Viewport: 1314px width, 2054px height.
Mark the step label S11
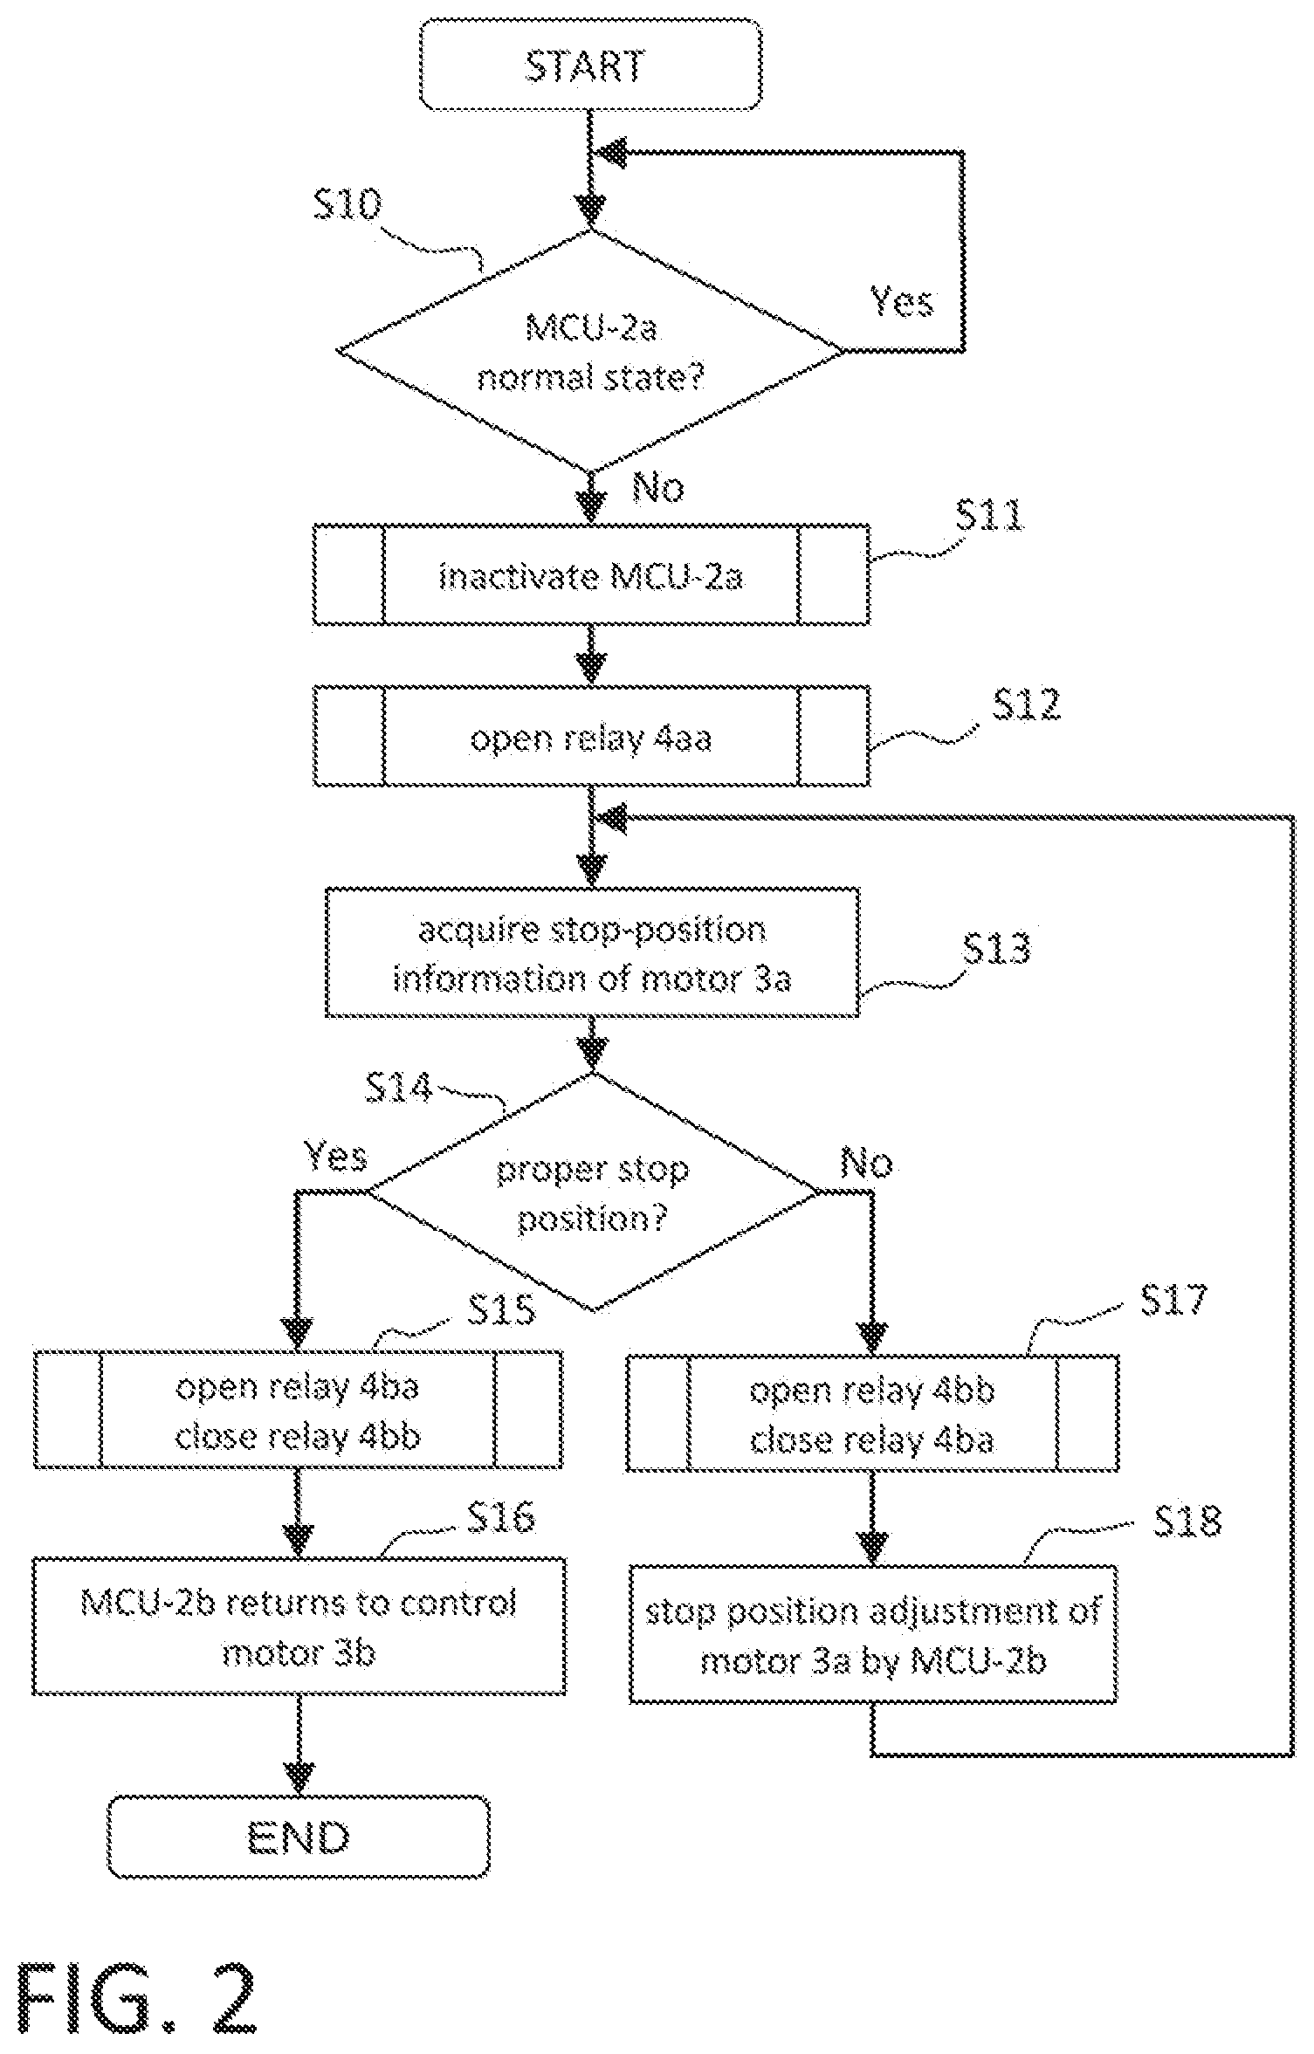click(989, 516)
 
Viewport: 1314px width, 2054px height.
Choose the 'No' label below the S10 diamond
click(658, 487)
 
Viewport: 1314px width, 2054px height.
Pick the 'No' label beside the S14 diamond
click(866, 1164)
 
